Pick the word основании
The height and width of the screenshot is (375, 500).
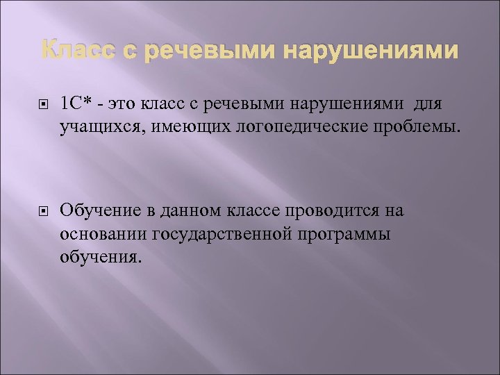(99, 234)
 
